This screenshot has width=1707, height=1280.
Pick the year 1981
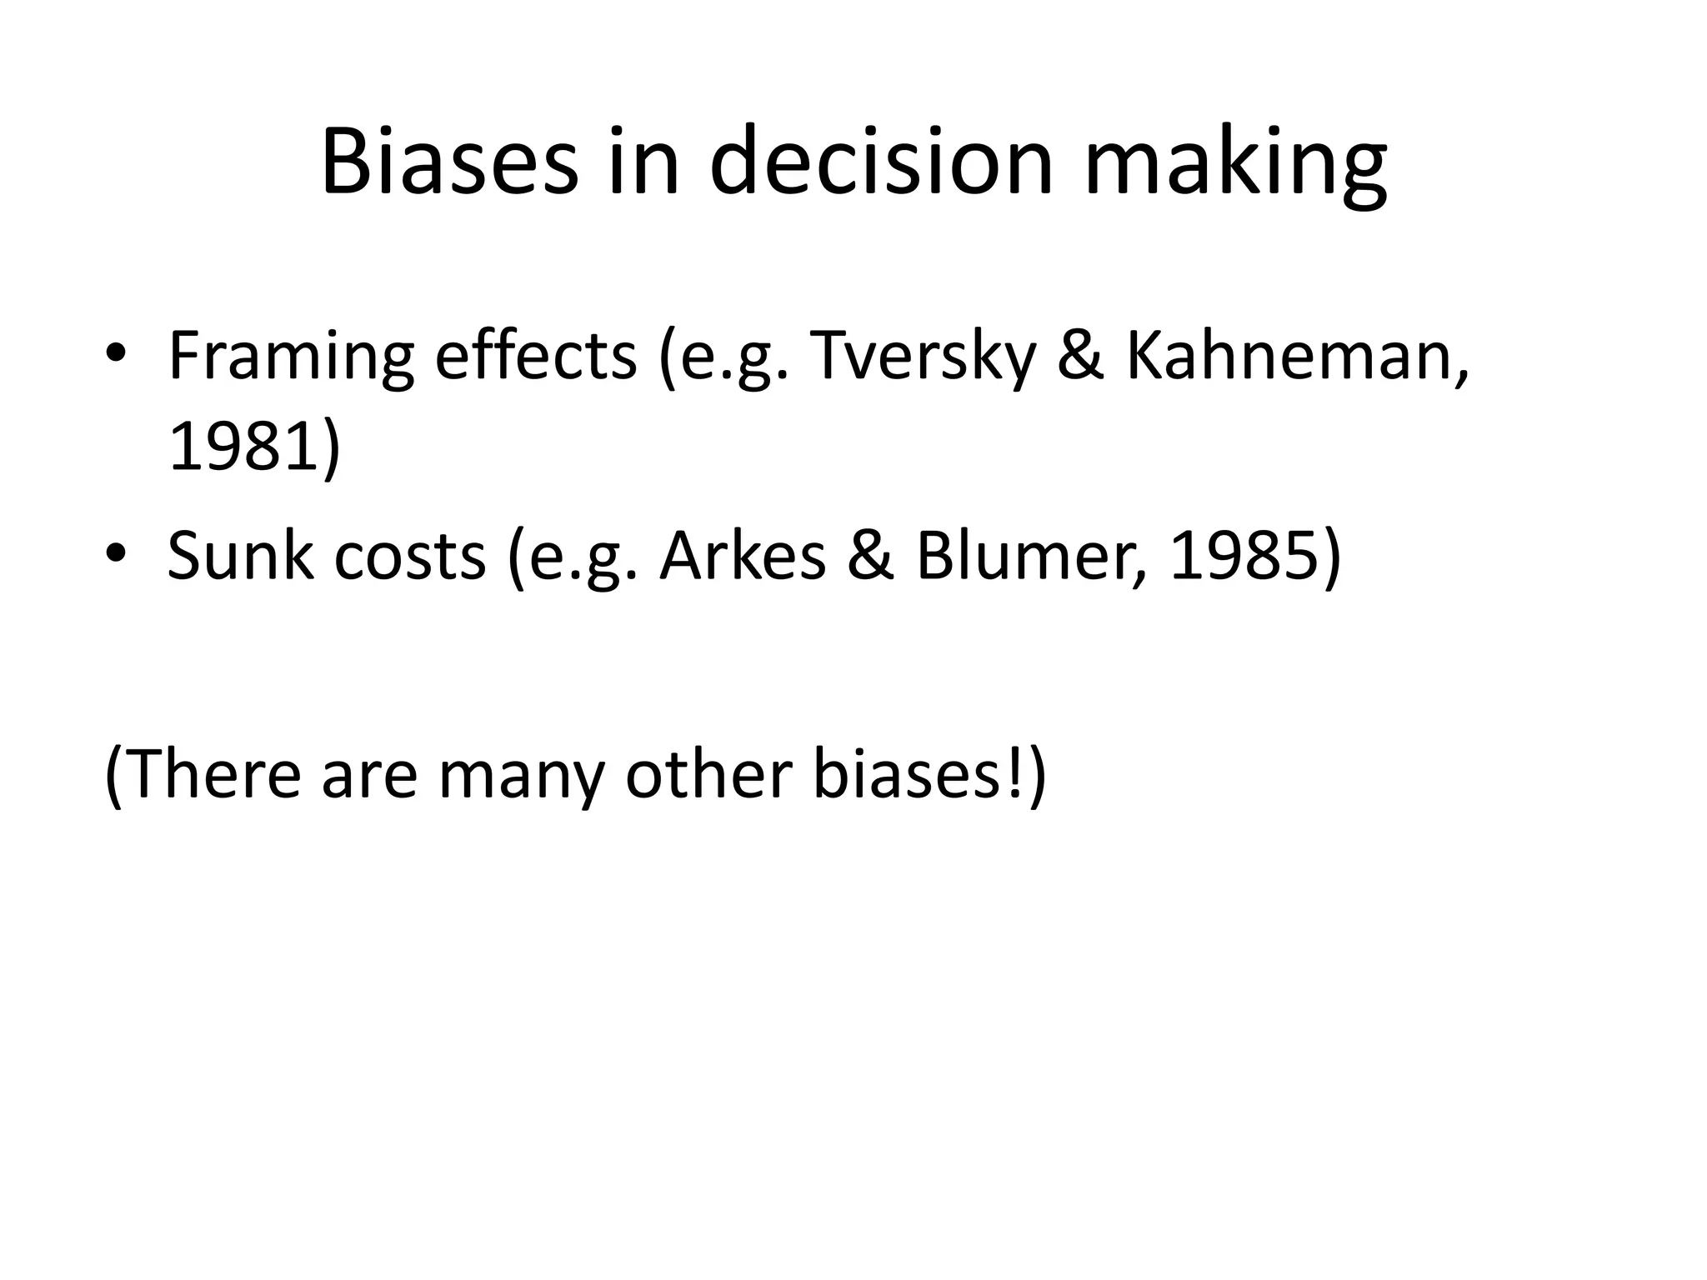[x=244, y=448]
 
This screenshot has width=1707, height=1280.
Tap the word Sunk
[x=241, y=556]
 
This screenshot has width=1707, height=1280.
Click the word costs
[x=410, y=557]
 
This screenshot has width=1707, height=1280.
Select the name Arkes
[x=743, y=556]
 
